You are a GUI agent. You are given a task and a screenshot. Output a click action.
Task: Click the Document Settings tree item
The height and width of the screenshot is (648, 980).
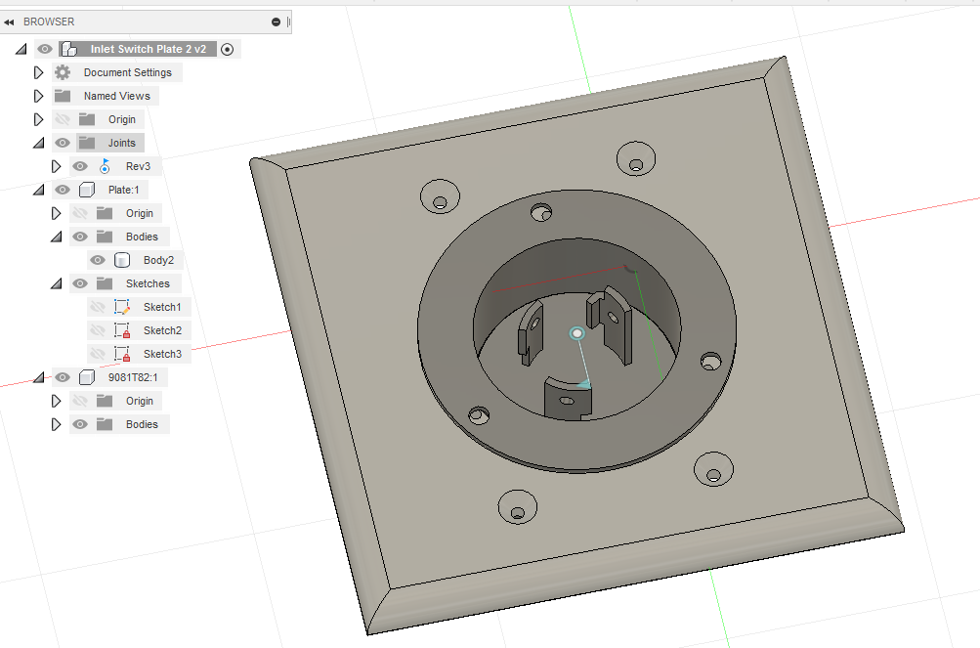point(127,72)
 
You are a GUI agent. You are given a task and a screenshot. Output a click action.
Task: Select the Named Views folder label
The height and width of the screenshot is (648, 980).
point(116,96)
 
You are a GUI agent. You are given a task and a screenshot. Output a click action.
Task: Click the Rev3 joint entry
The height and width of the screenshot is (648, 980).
point(138,166)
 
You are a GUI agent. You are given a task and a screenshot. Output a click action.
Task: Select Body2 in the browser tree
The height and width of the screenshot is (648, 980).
point(158,260)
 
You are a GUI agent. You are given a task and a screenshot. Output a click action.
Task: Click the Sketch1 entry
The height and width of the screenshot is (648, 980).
point(162,307)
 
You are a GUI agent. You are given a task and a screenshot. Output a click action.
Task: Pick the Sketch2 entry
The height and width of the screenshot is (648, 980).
point(162,330)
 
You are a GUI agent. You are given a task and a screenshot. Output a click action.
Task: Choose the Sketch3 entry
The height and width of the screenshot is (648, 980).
point(162,354)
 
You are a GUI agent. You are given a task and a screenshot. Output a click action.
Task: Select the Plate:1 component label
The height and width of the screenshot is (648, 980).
point(124,190)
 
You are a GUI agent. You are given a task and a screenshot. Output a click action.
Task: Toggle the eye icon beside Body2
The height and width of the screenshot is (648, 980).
point(98,260)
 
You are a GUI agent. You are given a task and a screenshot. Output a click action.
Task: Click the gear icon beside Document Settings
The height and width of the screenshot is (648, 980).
point(63,72)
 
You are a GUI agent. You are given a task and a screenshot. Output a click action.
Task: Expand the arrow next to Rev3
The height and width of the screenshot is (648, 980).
point(56,166)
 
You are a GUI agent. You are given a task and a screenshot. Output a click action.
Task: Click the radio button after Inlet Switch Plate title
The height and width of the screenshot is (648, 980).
point(228,49)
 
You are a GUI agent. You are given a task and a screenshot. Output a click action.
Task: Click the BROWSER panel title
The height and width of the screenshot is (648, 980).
point(49,22)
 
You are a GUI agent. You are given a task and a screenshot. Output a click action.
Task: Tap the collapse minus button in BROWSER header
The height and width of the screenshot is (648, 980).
point(276,22)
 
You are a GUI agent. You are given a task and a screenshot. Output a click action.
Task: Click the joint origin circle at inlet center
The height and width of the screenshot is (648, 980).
point(576,334)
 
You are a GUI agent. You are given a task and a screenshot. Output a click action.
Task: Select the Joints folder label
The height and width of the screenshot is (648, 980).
point(121,143)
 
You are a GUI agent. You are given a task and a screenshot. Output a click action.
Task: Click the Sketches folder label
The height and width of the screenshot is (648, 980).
point(148,283)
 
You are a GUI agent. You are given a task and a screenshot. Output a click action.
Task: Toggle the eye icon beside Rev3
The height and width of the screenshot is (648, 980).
point(80,166)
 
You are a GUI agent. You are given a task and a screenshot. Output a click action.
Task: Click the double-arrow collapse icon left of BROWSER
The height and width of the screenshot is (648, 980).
point(9,22)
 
